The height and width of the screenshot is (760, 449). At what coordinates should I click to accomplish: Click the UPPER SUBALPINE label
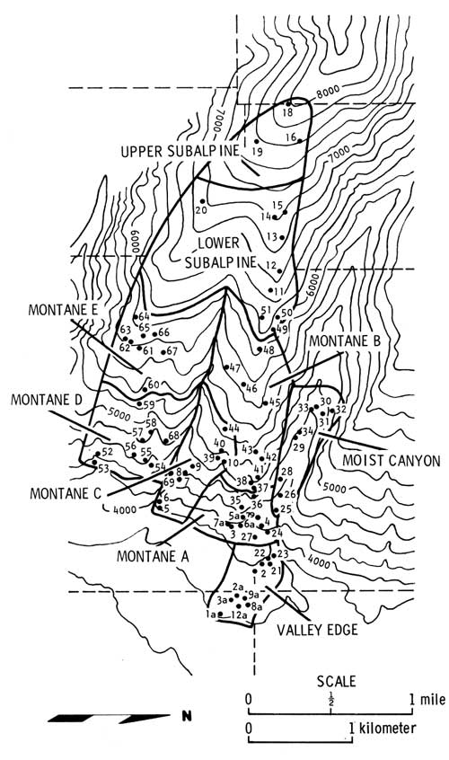180,151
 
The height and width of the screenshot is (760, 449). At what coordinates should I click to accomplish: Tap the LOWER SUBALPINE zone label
220,252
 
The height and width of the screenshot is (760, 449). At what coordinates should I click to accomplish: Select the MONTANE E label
63,310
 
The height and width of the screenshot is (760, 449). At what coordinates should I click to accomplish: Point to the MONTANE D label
47,401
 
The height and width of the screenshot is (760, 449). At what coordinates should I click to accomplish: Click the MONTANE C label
66,493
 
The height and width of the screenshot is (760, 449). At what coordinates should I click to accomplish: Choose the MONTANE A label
152,556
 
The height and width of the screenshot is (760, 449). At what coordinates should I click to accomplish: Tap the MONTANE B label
345,340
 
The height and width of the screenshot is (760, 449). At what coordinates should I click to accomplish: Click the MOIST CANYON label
392,460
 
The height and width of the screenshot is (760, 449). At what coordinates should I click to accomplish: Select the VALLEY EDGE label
317,630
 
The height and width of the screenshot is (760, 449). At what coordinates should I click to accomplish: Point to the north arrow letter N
186,715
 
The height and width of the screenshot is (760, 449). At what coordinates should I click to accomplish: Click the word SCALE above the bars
336,682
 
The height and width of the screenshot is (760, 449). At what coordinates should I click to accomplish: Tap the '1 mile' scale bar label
427,700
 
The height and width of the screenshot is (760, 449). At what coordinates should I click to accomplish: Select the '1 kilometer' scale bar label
383,728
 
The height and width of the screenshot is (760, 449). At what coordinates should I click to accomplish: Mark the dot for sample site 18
288,103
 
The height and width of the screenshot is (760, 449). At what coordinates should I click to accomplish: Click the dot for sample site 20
203,201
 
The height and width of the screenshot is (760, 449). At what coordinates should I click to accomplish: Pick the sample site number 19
257,152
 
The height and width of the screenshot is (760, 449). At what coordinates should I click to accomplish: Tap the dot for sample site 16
300,140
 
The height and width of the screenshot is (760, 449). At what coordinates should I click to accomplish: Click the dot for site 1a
220,614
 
